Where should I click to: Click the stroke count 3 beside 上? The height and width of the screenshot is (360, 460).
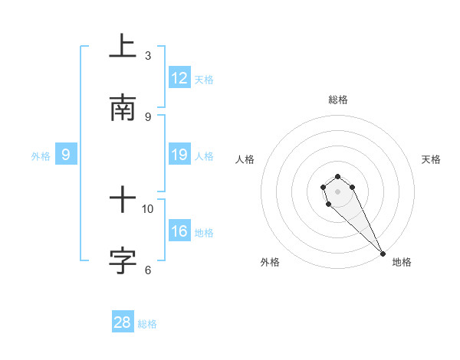click(148, 56)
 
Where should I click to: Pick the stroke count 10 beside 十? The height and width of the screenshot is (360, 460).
click(148, 208)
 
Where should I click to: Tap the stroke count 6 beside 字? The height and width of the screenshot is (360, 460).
click(148, 270)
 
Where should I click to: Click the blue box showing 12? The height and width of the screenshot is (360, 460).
click(179, 78)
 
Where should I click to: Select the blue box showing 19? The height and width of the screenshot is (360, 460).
click(179, 155)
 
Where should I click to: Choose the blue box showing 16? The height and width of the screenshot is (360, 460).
click(179, 231)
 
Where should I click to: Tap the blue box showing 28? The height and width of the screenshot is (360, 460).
click(123, 322)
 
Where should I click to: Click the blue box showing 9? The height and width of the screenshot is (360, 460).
click(66, 155)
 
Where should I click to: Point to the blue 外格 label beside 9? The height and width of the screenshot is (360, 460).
click(41, 156)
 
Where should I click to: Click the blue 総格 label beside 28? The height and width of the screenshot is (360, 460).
click(147, 324)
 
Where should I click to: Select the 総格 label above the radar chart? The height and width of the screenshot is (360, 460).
click(337, 100)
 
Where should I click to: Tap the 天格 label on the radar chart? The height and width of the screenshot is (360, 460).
click(431, 159)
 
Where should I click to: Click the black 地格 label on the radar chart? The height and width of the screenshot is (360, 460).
click(402, 262)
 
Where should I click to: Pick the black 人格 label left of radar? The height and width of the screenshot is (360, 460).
click(245, 159)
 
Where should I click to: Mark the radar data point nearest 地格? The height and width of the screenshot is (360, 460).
click(383, 253)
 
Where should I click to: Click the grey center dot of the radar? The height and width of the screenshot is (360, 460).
click(337, 190)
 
